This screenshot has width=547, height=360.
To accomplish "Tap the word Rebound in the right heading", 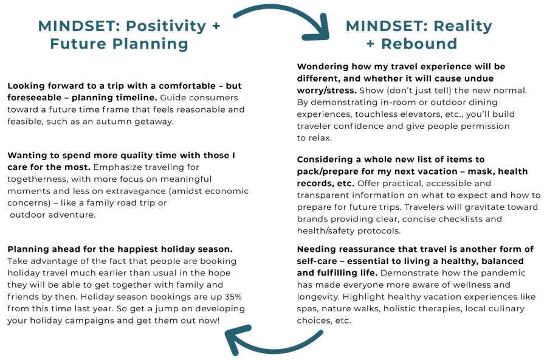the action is click(419, 44).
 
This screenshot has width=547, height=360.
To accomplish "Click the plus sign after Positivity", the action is click(216, 26).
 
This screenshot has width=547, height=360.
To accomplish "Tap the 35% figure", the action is click(233, 297).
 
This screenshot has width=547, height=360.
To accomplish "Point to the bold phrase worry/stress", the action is click(326, 91).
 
